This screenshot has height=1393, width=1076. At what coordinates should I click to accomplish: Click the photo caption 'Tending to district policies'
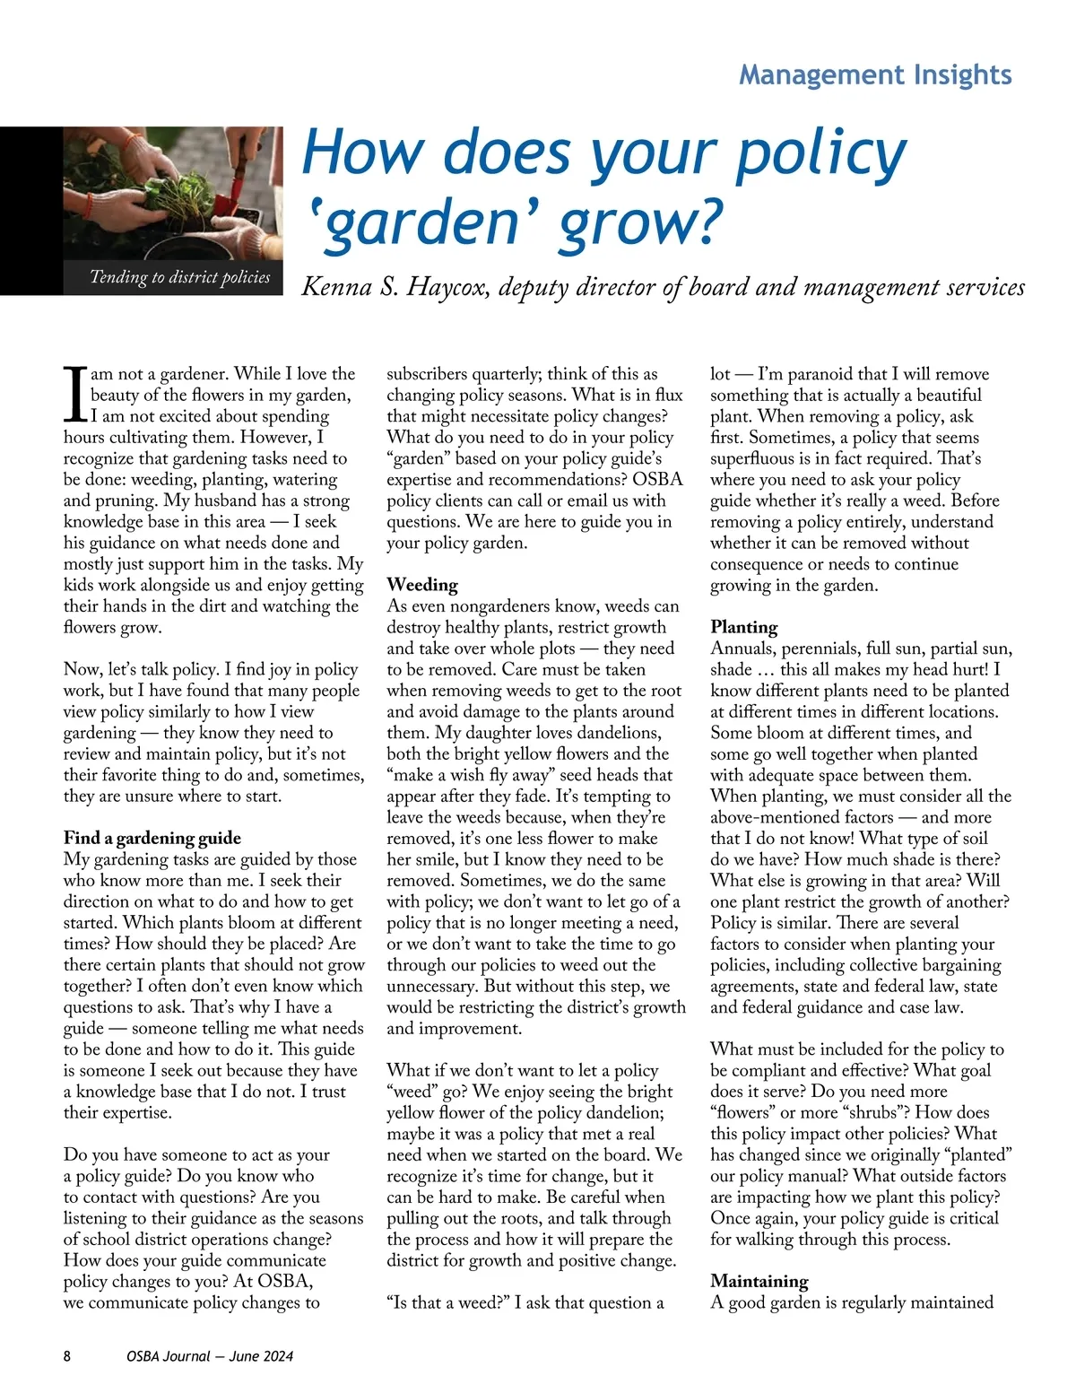click(179, 277)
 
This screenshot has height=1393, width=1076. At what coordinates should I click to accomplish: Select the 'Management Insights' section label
click(875, 74)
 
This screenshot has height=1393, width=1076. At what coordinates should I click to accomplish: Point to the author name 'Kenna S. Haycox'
click(395, 287)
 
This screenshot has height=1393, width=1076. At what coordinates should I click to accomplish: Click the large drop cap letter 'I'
click(75, 395)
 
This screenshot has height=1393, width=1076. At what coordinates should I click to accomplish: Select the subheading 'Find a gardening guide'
click(152, 838)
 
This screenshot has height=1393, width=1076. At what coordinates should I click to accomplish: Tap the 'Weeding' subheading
click(422, 585)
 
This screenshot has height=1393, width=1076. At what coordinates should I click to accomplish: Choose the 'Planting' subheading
click(744, 627)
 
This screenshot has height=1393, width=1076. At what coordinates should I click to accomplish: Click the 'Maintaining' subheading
click(759, 1281)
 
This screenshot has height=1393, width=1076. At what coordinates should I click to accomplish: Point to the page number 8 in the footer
click(67, 1356)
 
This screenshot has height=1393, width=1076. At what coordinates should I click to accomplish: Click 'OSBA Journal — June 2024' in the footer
click(210, 1356)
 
